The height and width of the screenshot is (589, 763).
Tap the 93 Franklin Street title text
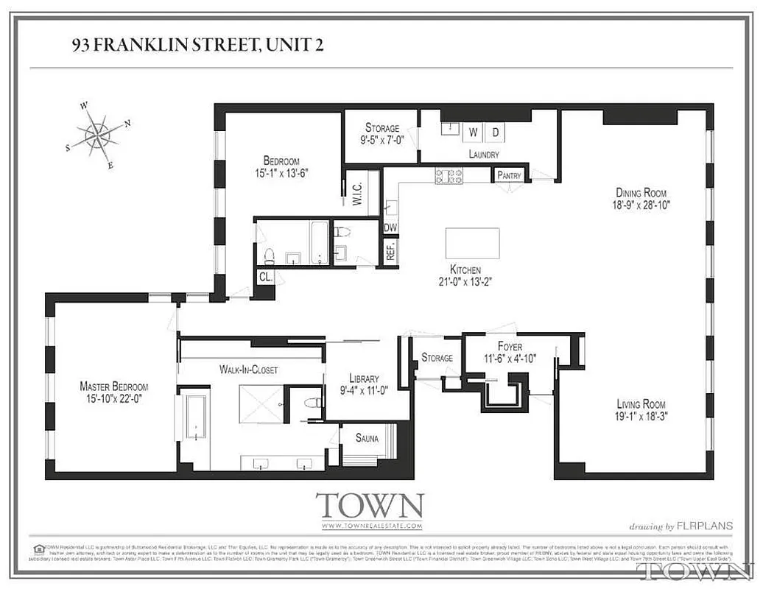click(197, 46)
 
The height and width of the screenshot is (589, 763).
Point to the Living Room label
click(641, 403)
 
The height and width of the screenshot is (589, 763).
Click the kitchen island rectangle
click(472, 243)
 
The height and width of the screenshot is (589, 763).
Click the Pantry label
click(510, 175)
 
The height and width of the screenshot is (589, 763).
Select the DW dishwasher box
click(390, 228)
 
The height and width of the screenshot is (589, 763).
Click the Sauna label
click(367, 439)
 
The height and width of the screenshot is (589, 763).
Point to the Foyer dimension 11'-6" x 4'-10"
click(510, 359)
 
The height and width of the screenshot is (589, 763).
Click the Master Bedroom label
click(113, 387)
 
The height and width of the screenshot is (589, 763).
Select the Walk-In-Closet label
click(248, 370)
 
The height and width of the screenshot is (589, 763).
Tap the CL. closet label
click(264, 277)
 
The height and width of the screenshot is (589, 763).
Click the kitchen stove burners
click(449, 176)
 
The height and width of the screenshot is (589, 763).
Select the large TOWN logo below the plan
click(370, 506)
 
